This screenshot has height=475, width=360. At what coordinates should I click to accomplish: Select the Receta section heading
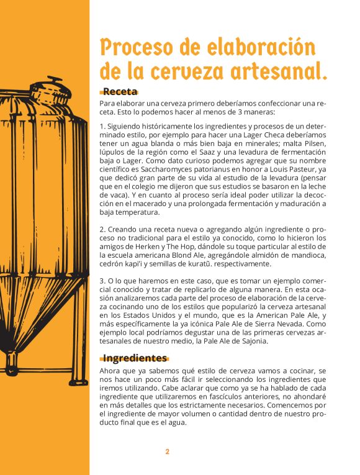[120, 92]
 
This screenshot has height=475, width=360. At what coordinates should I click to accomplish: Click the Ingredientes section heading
[135, 358]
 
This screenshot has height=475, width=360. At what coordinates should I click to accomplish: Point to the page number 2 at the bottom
[167, 451]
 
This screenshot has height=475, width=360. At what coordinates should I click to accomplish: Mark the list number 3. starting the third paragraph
[103, 281]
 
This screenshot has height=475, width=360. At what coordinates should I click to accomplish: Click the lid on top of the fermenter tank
[48, 83]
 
